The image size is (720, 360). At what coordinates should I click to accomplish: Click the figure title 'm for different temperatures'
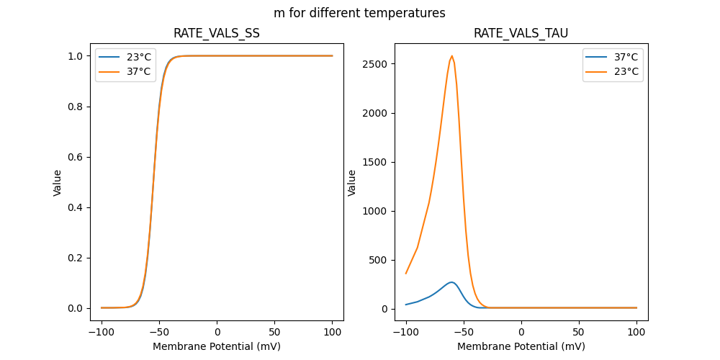[x=359, y=13]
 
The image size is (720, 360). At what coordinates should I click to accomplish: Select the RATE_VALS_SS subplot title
[x=217, y=34]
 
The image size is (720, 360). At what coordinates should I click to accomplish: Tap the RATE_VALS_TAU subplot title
[x=521, y=34]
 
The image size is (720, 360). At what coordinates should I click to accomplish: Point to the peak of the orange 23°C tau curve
[x=452, y=56]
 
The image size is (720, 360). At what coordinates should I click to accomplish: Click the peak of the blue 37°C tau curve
[x=451, y=282]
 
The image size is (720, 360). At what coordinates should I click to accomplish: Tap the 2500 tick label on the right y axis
[x=376, y=64]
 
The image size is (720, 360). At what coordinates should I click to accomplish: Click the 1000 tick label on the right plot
[x=376, y=211]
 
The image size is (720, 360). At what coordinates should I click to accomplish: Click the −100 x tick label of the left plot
[x=102, y=332]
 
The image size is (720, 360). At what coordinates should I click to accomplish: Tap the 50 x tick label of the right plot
[x=579, y=332]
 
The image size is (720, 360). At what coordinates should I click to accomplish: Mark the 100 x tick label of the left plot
[x=333, y=332]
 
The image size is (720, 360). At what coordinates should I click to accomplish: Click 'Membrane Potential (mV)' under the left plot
[x=217, y=346]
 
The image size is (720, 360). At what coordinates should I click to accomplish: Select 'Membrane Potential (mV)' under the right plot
[x=521, y=346]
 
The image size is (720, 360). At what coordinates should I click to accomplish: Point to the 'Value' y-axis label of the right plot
[x=352, y=182]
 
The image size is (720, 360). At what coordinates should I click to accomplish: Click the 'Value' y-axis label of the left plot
[x=58, y=182]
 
